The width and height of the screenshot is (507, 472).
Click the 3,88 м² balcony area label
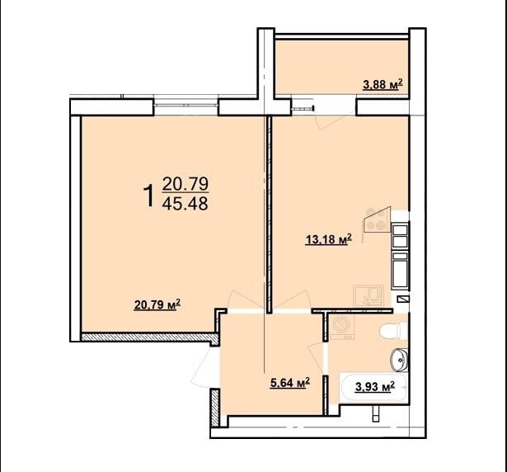tap(383, 84)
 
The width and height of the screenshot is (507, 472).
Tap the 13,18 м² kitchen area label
tap(328, 240)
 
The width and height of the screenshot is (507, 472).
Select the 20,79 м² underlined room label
tap(157, 304)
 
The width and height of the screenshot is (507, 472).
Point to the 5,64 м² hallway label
tap(290, 383)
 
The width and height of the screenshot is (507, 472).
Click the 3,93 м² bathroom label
tap(375, 386)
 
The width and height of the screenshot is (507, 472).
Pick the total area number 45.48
tap(185, 204)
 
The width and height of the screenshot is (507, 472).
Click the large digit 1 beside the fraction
tap(149, 196)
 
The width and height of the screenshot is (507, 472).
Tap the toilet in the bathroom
tap(392, 330)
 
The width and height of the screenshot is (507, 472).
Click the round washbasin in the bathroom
tap(399, 360)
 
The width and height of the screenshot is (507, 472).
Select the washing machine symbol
tap(342, 326)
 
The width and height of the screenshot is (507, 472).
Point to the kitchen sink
tap(369, 295)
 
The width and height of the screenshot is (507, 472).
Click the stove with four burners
tap(377, 220)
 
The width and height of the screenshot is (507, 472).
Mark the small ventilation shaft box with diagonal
tap(403, 299)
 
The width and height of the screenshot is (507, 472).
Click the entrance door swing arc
tap(201, 369)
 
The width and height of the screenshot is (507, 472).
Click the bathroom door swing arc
tap(317, 356)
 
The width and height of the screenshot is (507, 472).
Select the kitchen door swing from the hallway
tap(292, 300)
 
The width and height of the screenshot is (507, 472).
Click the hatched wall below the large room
tap(148, 337)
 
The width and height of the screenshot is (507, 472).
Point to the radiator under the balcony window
tap(303, 108)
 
